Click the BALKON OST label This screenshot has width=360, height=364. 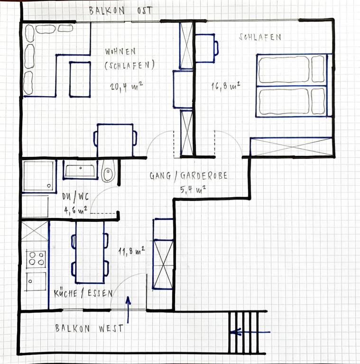[x=120, y=11]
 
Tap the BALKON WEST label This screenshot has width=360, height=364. [x=89, y=328]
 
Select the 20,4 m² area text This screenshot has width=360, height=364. [x=126, y=86]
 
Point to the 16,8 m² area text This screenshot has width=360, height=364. [x=225, y=86]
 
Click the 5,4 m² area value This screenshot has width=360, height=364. [x=193, y=190]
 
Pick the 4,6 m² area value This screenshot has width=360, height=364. [x=76, y=210]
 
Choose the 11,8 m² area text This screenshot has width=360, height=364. [x=132, y=251]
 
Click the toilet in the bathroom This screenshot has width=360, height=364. [x=108, y=171]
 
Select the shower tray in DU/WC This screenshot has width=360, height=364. [x=39, y=176]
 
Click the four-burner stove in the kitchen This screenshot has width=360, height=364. [x=36, y=259]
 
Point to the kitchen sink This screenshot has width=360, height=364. [x=36, y=282]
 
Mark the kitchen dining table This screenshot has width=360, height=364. [x=90, y=252]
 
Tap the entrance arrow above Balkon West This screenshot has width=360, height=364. [x=128, y=309]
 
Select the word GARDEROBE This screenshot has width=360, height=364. [x=204, y=176]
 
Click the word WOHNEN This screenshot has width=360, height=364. [x=120, y=52]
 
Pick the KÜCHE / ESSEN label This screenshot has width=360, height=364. [x=83, y=294]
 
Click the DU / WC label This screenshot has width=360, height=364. [x=75, y=197]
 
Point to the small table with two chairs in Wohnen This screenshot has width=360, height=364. [x=115, y=140]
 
